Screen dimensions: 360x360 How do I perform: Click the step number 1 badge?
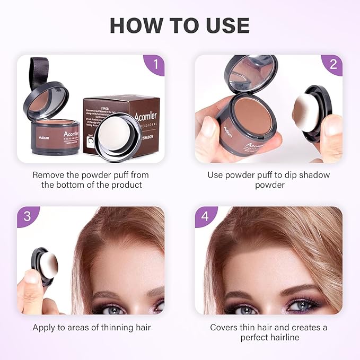(x=155, y=65)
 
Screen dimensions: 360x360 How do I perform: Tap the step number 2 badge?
(x=333, y=65)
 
